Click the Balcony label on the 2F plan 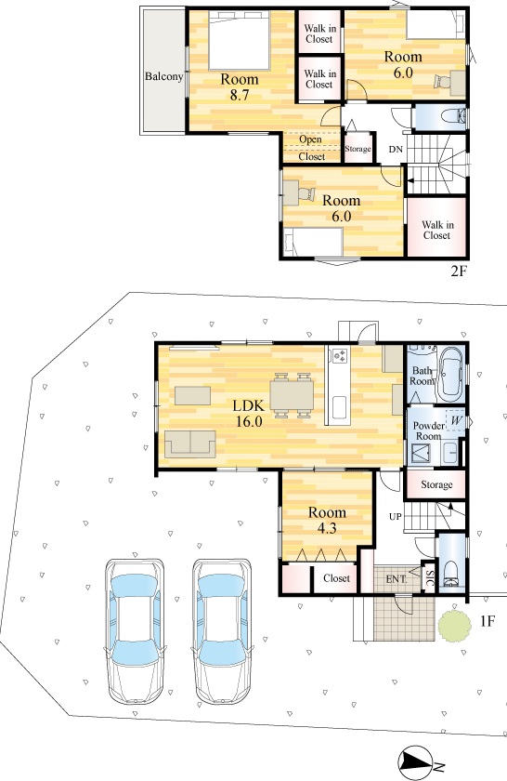(163, 76)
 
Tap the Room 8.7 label (240, 86)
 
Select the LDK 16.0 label (248, 414)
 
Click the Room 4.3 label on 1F (327, 520)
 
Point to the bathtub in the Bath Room (451, 375)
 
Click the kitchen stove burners (340, 355)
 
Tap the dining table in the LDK (292, 395)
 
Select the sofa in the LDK (190, 443)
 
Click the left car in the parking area (135, 631)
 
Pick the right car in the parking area (222, 631)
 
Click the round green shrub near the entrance (454, 623)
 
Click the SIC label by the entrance (430, 578)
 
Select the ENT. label (396, 579)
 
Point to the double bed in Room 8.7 (240, 40)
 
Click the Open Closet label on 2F (311, 148)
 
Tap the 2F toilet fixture (454, 116)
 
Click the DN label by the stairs (396, 149)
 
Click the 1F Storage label (436, 484)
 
